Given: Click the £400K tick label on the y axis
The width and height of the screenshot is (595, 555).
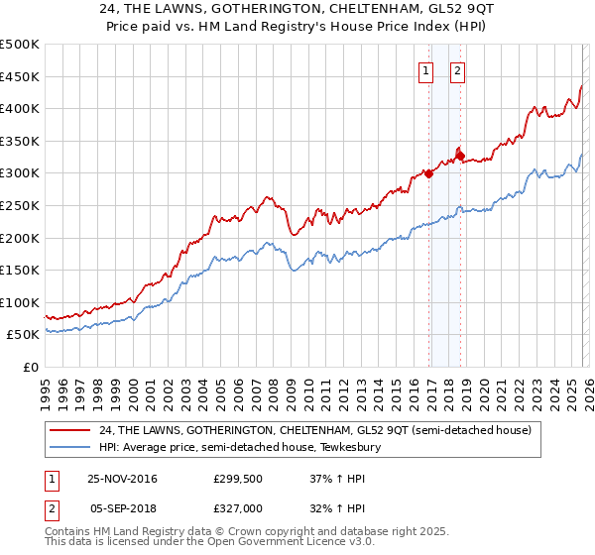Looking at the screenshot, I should click(20, 108).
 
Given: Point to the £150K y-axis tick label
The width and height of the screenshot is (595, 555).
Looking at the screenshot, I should click(20, 270).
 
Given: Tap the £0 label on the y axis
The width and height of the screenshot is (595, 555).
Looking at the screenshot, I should click(30, 367).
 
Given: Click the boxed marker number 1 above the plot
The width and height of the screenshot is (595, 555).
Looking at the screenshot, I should click(426, 70).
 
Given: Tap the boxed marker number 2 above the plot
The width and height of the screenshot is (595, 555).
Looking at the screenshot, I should click(458, 70).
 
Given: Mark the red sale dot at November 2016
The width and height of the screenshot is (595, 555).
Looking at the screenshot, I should click(428, 173).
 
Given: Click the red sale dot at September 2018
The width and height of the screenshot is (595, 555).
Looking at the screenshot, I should click(460, 155).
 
